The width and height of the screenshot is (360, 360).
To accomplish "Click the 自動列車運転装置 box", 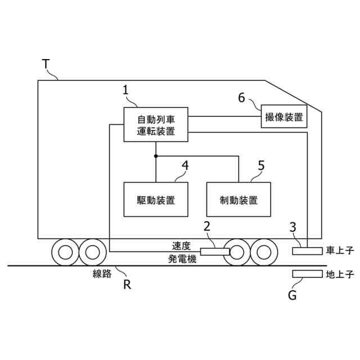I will click(156, 124).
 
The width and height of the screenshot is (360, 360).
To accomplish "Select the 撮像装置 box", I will click(284, 116).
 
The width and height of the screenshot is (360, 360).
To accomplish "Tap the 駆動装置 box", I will click(156, 199).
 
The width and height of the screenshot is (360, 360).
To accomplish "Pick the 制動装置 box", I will click(238, 199).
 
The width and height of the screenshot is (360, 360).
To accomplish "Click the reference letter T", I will click(46, 64).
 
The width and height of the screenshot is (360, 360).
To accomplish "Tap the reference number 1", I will click(126, 89).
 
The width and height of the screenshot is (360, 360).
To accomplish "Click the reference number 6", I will click(241, 97).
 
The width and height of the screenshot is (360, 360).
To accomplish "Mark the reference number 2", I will click(207, 227).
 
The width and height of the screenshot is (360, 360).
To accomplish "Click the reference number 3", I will click(292, 227).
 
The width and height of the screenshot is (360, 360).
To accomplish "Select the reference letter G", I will click(292, 295).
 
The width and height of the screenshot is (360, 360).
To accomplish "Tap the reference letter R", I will click(128, 284).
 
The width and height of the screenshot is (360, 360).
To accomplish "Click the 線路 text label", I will click(102, 274).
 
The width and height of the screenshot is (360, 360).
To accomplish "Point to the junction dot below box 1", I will click(156, 156).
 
